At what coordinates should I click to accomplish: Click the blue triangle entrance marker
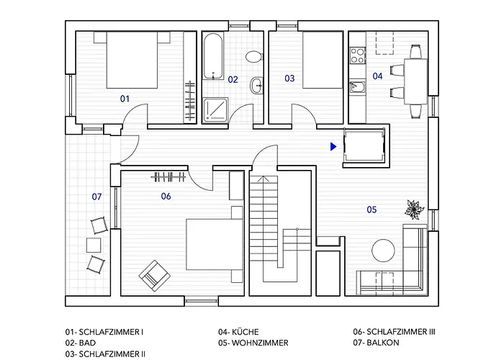(333, 146)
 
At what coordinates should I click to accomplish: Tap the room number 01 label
(124, 98)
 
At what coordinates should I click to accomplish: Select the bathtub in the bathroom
(213, 57)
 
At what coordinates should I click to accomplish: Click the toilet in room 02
(252, 56)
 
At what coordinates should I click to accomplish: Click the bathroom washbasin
(257, 86)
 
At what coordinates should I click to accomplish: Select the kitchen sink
(358, 89)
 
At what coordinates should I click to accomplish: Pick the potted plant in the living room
(414, 210)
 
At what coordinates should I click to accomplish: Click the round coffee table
(384, 249)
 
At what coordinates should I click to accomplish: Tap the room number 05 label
(372, 210)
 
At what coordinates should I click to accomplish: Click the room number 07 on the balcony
(96, 196)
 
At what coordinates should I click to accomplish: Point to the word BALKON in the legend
(382, 343)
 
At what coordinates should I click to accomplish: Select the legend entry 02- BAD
(80, 343)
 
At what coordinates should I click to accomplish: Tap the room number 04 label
(377, 75)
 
